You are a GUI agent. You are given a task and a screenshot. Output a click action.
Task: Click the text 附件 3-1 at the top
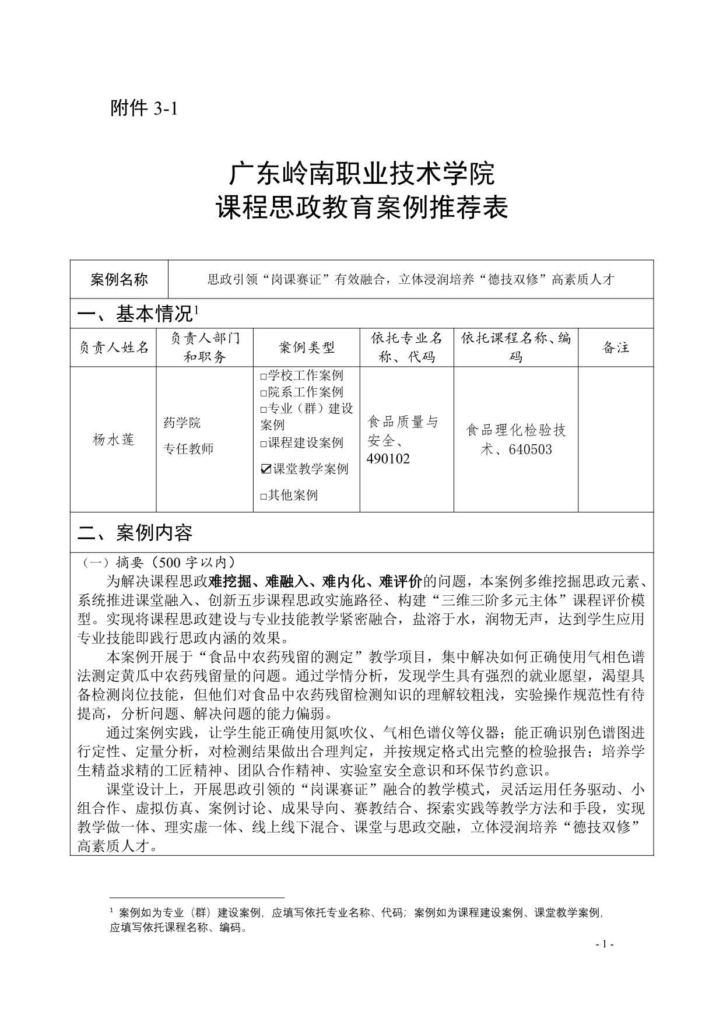pos(143,108)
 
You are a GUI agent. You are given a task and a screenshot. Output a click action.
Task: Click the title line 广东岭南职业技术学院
pos(361,174)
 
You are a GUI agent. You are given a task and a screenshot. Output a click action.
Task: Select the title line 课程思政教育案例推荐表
pos(361,208)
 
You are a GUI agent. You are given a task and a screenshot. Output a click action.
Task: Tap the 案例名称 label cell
pos(119,279)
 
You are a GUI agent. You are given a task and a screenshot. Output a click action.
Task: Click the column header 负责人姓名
pos(114,348)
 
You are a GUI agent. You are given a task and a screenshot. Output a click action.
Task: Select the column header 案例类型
pos(307,348)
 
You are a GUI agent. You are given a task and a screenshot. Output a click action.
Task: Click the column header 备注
pos(616,348)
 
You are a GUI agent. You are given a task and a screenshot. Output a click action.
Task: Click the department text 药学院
pos(182,423)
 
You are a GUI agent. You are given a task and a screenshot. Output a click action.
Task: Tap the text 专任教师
pos(188,449)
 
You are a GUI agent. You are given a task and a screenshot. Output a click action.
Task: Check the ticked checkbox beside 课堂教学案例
pos(266,469)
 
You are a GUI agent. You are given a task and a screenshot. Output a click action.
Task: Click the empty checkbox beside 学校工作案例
pos(264,376)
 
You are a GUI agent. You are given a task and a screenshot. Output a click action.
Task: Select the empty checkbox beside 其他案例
pos(264,496)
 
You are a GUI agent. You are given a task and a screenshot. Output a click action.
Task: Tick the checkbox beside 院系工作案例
pos(264,393)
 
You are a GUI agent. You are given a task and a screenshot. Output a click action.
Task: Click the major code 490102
pos(388,459)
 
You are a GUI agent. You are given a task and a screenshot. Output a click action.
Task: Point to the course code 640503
pos(530,449)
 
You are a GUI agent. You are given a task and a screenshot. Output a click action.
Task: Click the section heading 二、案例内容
pos(135,532)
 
